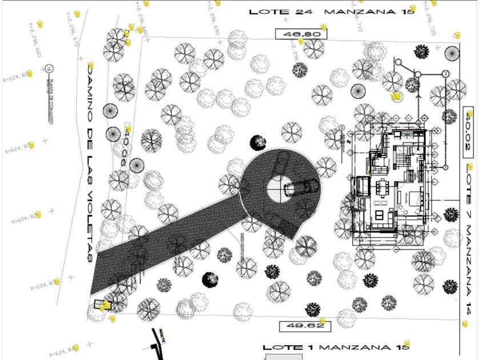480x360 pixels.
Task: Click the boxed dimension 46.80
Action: (x=301, y=34)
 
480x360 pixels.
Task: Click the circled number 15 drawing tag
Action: (x=49, y=69)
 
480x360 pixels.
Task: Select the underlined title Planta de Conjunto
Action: (x=51, y=102)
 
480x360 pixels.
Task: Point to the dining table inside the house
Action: (x=382, y=187)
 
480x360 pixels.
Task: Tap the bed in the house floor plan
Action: (x=417, y=200)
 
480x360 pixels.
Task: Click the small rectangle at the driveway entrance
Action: (x=98, y=304)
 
